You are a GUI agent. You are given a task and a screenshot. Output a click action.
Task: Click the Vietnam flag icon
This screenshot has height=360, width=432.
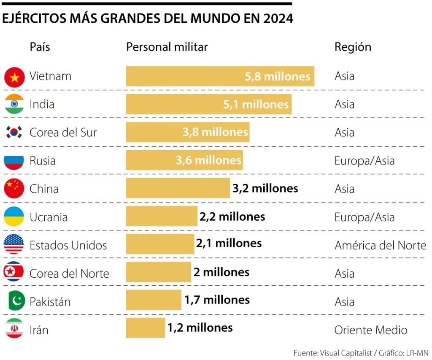[14, 77]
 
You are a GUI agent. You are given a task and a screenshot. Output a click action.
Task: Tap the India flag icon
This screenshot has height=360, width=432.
[14, 104]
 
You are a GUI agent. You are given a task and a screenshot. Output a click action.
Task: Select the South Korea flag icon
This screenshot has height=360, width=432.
[14, 133]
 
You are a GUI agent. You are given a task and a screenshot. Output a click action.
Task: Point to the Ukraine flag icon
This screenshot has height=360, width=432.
[14, 217]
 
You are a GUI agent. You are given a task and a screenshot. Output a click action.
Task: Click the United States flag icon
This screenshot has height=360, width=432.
[14, 245]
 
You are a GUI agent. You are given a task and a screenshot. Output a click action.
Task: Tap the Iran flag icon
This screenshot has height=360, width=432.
[14, 329]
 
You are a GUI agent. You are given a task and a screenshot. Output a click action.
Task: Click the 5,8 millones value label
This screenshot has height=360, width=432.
[277, 76]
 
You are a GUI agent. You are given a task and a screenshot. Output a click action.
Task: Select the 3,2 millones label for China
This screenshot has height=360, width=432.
[265, 188]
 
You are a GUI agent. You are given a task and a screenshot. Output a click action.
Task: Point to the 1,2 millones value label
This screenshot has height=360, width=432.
[200, 328]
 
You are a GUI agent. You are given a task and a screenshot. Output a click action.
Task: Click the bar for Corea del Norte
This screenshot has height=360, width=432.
[158, 272]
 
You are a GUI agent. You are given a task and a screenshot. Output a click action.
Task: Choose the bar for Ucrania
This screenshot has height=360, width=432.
[162, 216]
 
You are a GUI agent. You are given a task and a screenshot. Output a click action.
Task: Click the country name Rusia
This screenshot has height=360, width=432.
[42, 161]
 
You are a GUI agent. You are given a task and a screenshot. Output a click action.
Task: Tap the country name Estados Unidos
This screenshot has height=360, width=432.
[68, 245]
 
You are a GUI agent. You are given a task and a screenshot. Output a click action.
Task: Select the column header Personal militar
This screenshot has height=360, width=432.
[167, 47]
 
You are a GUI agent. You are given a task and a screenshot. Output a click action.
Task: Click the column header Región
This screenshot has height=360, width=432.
[353, 47]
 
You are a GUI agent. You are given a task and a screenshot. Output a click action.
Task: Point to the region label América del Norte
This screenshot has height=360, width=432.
[380, 245]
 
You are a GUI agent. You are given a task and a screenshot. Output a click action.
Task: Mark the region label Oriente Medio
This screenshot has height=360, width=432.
[371, 330]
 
